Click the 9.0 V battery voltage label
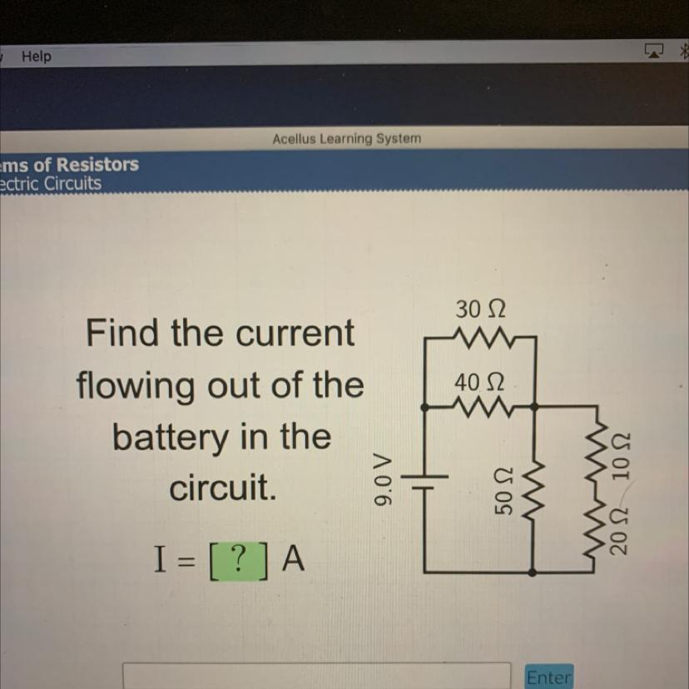pos(382,480)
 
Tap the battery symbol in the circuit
pos(426,482)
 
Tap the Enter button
pos(548,677)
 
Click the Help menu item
pos(36,57)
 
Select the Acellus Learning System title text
pos(346,138)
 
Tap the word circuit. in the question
pos(221,490)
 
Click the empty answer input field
pos(316,676)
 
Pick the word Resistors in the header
pos(97,164)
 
